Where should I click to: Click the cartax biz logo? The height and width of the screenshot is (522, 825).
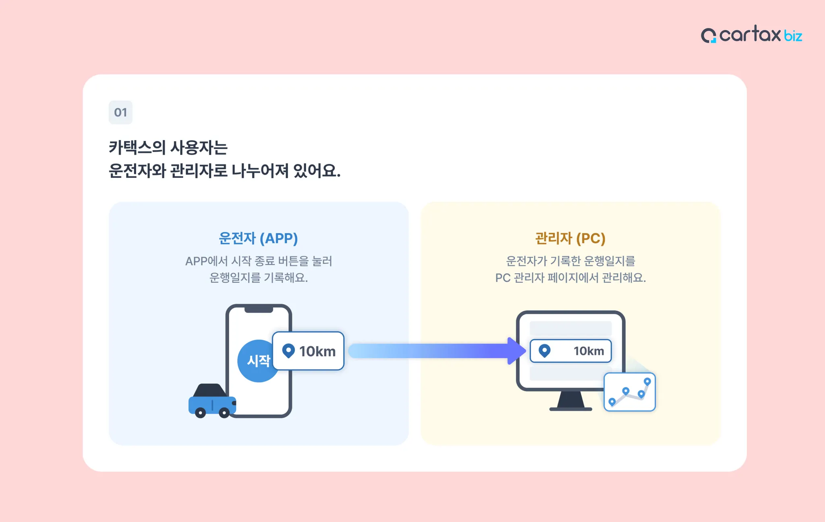[751, 35]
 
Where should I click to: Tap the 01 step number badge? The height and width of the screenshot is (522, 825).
[120, 112]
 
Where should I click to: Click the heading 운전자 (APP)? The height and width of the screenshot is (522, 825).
[258, 238]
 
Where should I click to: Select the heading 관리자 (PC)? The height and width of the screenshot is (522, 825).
[570, 238]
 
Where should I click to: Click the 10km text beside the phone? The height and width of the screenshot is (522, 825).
[317, 351]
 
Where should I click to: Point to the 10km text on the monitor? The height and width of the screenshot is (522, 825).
[589, 351]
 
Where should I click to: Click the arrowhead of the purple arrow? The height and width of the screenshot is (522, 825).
[516, 351]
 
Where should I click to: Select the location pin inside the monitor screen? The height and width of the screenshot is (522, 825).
[544, 350]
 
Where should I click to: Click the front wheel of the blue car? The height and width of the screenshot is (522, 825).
[200, 413]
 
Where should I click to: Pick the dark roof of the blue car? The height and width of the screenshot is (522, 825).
[209, 390]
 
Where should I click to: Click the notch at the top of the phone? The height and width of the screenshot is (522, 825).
[259, 309]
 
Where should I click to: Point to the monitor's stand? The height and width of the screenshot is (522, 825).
[571, 401]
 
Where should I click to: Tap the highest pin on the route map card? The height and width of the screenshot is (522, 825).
[647, 381]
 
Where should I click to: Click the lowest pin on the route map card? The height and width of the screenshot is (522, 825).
[612, 401]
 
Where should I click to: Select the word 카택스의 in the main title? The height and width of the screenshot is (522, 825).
[137, 147]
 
